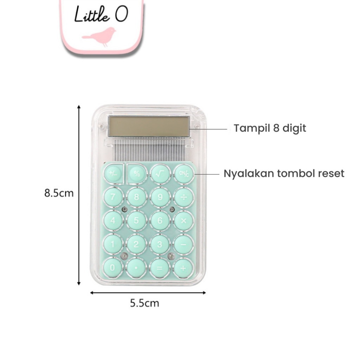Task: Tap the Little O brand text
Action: [101, 15]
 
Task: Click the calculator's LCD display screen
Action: [149, 127]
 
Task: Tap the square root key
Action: [160, 173]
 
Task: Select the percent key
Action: [136, 173]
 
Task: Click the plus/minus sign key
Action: [113, 173]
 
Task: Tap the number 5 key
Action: [136, 220]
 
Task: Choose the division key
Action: [184, 197]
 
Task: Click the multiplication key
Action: [184, 220]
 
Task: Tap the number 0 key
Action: [112, 268]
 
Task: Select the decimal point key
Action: [136, 268]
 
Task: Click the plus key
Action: [184, 268]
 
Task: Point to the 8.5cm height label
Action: [59, 193]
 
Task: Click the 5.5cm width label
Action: [144, 303]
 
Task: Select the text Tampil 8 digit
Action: [270, 128]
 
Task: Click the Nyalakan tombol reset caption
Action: [284, 174]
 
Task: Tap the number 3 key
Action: [160, 244]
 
